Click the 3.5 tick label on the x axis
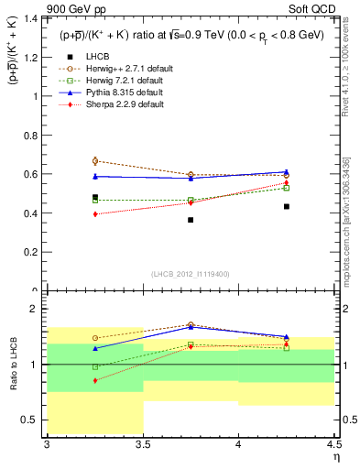[143, 444]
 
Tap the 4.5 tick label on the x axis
[333, 444]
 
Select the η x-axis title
[335, 456]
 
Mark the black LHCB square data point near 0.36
[191, 220]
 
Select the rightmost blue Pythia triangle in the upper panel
[286, 171]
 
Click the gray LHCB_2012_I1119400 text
[191, 274]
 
